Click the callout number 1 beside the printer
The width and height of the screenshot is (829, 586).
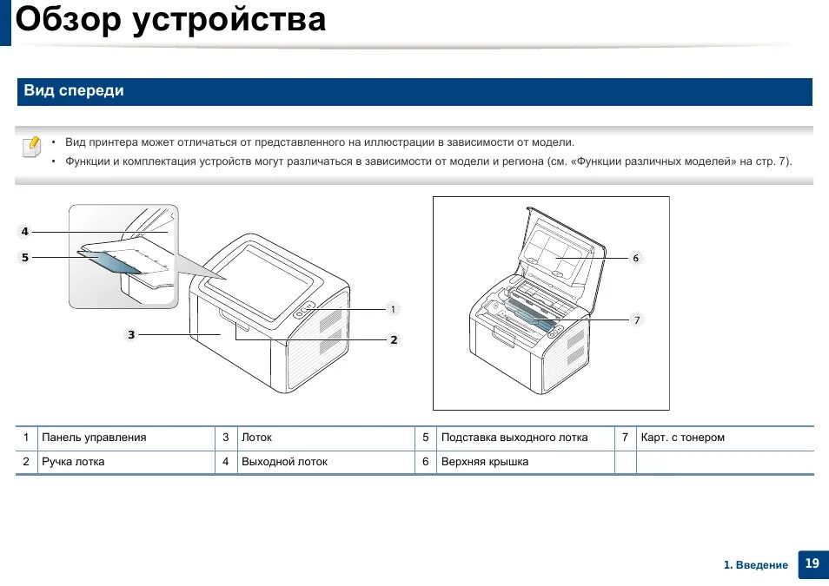(393, 309)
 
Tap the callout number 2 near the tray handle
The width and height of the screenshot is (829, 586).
(394, 339)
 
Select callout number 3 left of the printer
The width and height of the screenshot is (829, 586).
(131, 334)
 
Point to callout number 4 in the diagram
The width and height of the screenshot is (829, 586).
(25, 231)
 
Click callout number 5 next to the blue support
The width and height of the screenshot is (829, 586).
(25, 257)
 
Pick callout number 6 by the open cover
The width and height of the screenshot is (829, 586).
(636, 258)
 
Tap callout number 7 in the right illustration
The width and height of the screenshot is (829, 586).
(637, 320)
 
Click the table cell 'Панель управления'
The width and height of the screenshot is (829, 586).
(94, 438)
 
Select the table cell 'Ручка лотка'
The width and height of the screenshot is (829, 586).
(73, 462)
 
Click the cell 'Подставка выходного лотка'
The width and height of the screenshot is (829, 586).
(514, 438)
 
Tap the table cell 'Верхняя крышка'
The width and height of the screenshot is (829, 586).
(485, 462)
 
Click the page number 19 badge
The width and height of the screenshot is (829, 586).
(812, 563)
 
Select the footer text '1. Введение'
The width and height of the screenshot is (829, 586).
(756, 565)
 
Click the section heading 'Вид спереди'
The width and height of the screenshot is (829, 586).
(74, 91)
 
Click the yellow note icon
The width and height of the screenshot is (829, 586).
(31, 146)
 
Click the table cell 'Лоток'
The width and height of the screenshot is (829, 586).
(256, 438)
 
